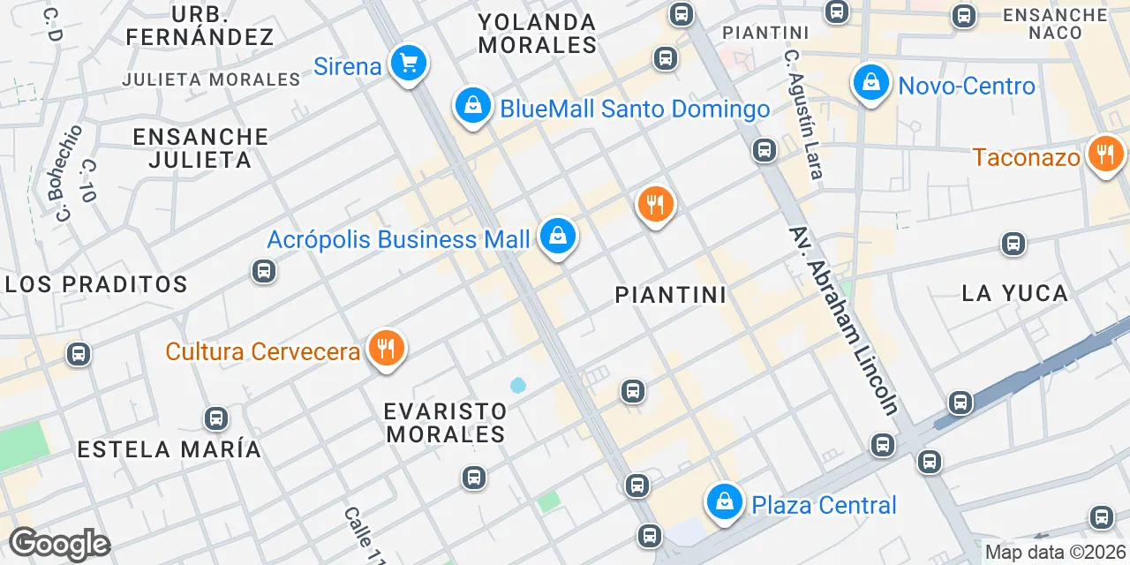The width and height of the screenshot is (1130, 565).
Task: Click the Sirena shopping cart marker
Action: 408,64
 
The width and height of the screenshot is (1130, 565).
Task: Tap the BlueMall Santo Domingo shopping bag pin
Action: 473,107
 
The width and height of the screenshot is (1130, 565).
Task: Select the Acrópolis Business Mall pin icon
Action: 558,237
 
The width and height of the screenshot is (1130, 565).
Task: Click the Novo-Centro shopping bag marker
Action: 871,84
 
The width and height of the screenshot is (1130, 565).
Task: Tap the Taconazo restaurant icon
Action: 1104,155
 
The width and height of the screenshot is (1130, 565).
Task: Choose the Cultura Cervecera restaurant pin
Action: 385,349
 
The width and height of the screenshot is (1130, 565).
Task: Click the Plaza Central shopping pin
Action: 724,503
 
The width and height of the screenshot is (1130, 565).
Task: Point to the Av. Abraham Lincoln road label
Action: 843,320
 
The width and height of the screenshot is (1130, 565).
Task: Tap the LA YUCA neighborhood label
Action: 1014,293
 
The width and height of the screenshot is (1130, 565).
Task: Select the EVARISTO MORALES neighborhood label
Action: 446,423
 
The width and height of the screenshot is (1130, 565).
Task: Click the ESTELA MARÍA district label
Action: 169,449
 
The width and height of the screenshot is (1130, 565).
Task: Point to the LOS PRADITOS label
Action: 97,284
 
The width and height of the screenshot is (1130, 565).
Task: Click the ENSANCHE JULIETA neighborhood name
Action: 200,147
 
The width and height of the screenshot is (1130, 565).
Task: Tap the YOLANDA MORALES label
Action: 538,33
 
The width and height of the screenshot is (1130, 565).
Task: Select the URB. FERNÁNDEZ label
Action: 200,26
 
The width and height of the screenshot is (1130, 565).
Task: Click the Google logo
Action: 59,544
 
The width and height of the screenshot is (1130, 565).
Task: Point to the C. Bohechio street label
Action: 68,173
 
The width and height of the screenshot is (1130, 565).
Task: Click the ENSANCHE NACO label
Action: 1055,24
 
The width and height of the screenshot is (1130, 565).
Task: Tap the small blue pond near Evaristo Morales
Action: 517,385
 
